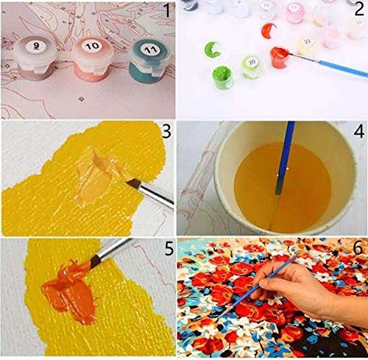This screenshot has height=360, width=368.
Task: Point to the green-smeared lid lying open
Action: pos(216,49)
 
